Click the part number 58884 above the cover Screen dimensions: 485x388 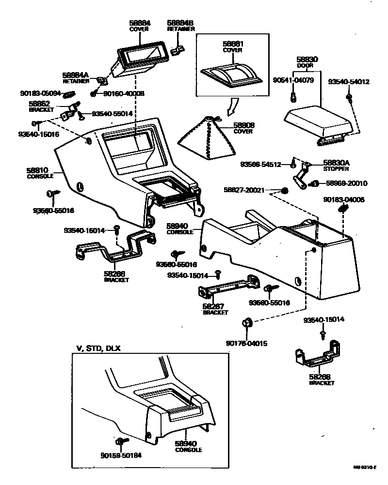140,23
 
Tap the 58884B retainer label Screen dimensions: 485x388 180,23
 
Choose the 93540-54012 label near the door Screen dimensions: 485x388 349,82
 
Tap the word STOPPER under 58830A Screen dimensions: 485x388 334,169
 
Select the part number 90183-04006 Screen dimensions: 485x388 344,199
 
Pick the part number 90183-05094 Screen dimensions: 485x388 41,93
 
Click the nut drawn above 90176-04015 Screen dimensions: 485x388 246,323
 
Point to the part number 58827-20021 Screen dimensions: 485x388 244,190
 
